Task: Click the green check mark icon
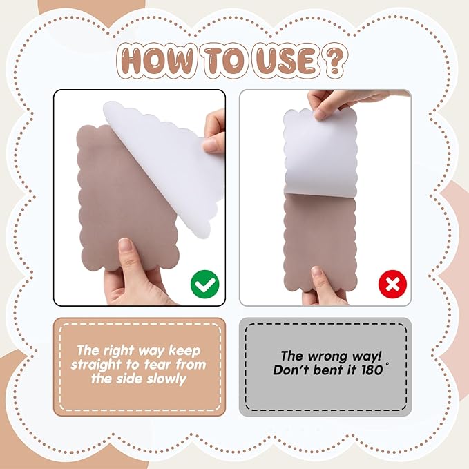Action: coord(205,284)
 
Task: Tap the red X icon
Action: coord(392,284)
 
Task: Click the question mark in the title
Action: coord(336,61)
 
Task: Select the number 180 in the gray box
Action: coord(372,370)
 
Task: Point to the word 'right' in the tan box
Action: coord(123,351)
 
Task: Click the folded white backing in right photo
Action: coord(320,153)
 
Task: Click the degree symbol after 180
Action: coord(387,364)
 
